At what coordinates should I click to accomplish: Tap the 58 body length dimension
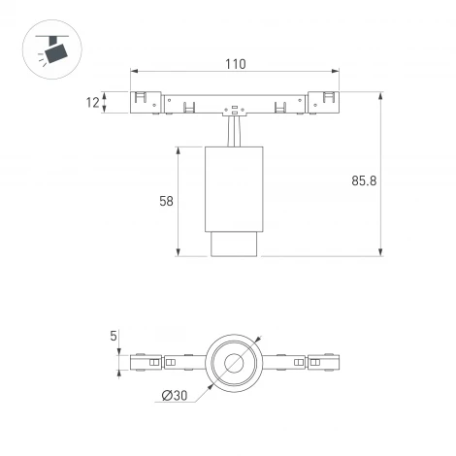pyautogui.click(x=166, y=202)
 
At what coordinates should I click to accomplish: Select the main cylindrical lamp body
pyautogui.click(x=233, y=189)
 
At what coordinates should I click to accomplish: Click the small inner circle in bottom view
pyautogui.click(x=234, y=365)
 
